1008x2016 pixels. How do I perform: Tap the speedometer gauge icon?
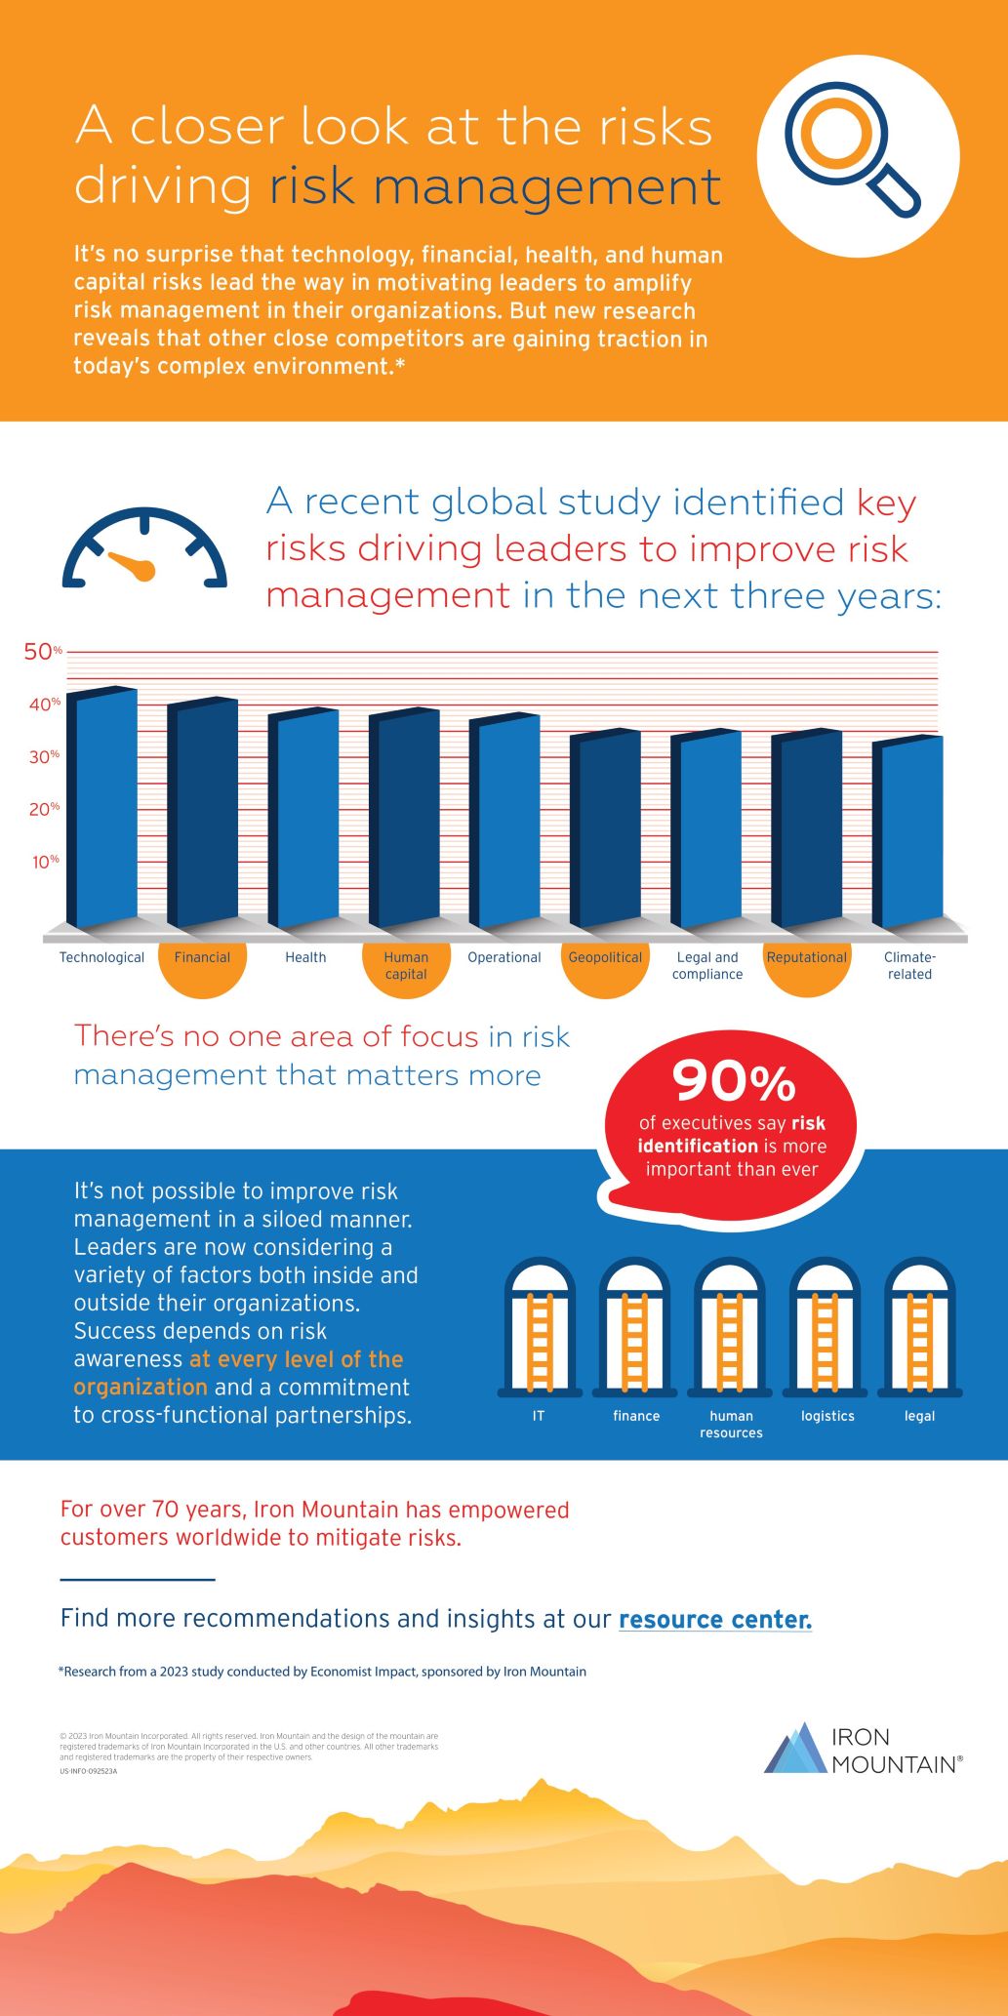click(144, 551)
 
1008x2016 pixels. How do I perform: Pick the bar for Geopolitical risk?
click(607, 828)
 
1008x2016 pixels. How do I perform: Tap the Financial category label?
click(202, 957)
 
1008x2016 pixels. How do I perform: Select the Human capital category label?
click(406, 965)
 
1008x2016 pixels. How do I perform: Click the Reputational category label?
click(806, 957)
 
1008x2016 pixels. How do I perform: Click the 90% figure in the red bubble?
click(734, 1081)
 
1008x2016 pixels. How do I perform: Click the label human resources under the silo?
click(731, 1424)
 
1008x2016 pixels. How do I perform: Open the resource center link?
click(714, 1619)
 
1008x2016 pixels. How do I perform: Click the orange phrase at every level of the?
click(296, 1359)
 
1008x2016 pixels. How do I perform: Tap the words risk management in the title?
click(495, 186)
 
